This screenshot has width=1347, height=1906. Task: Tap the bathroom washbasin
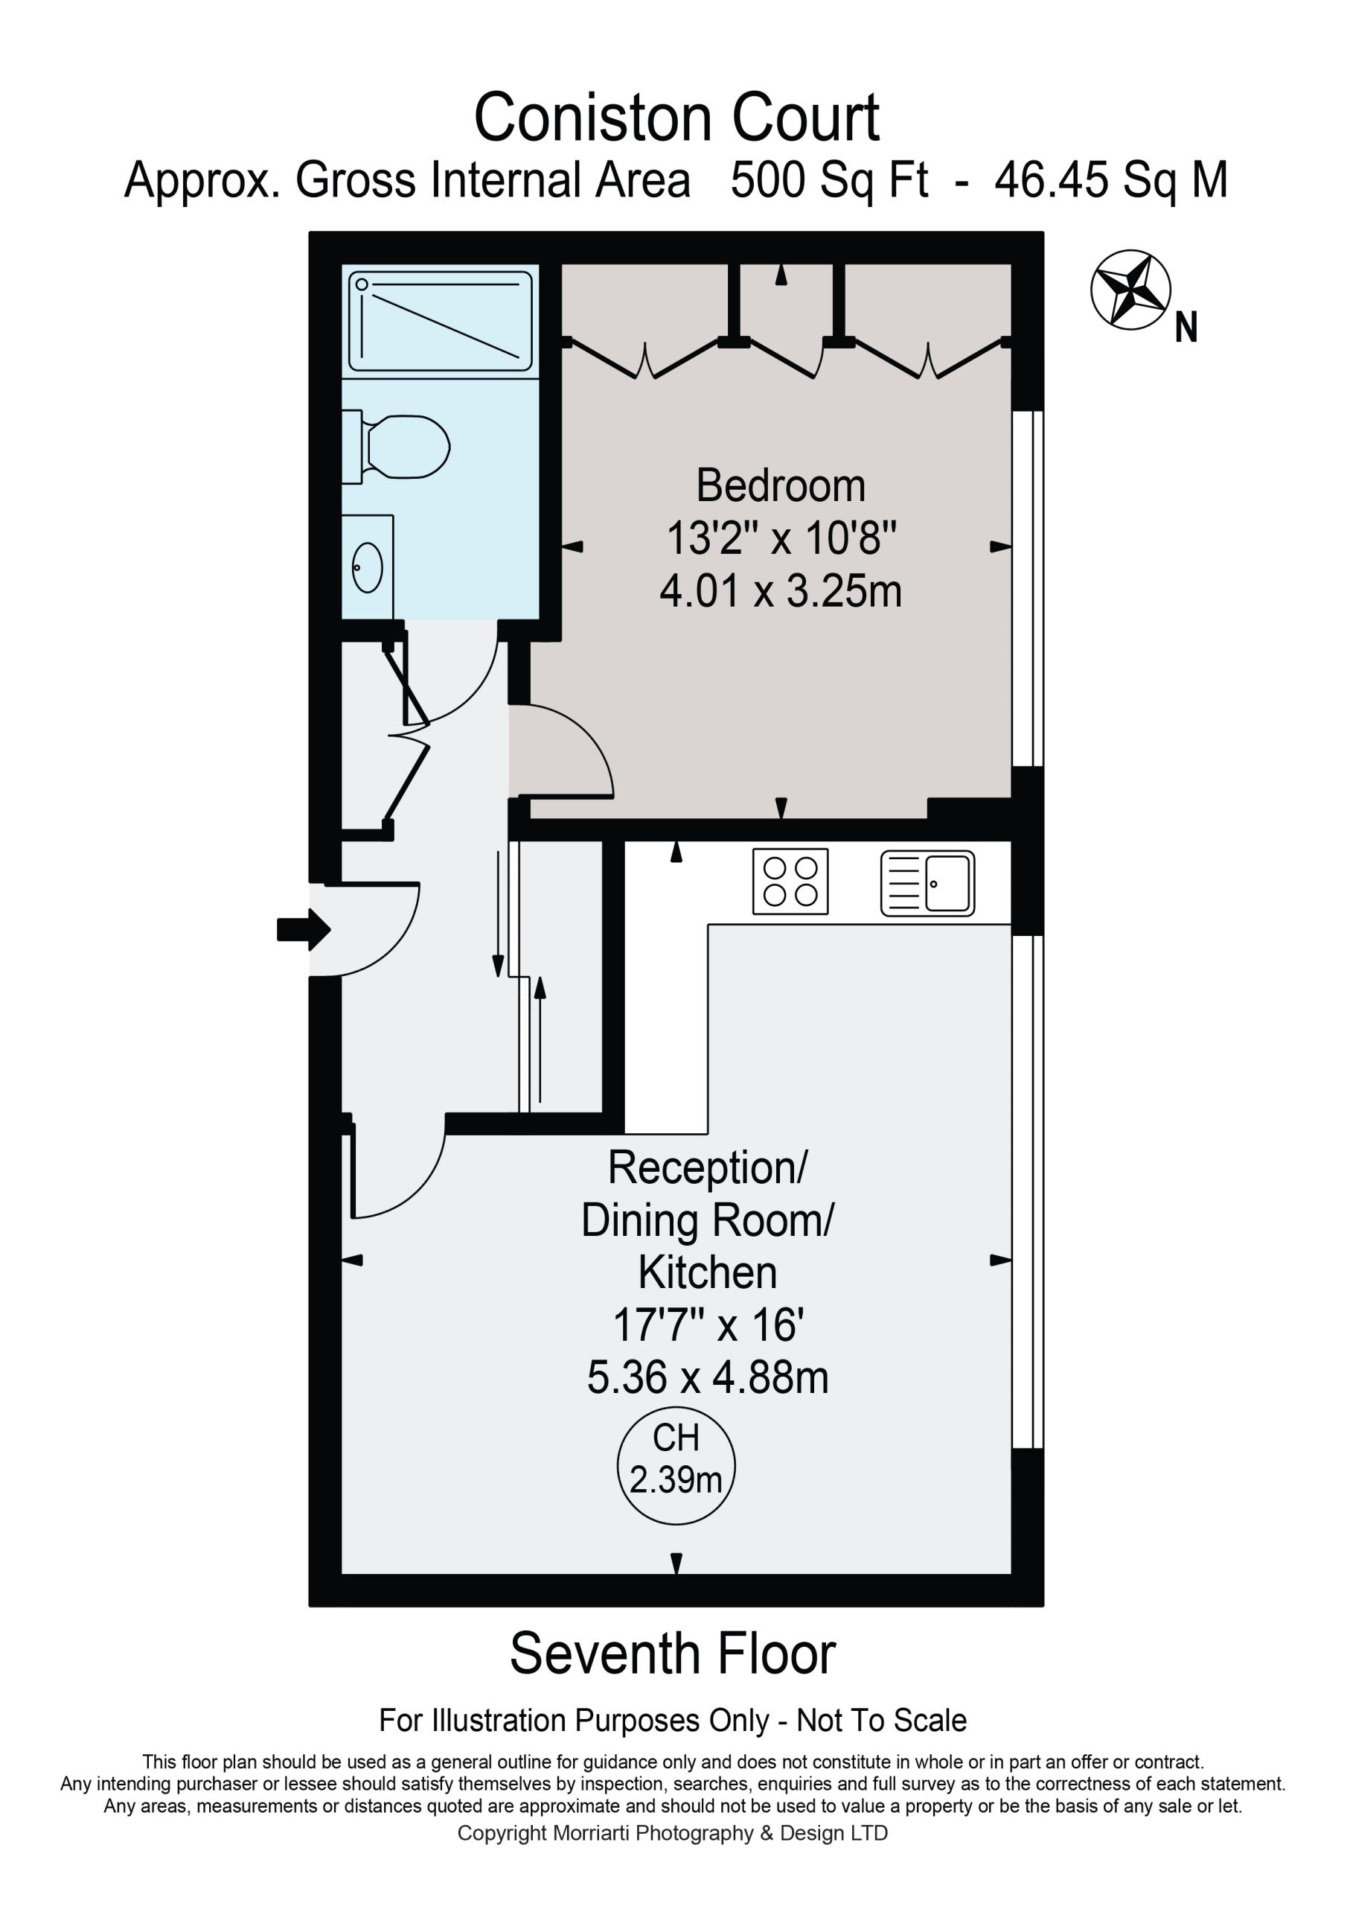click(368, 568)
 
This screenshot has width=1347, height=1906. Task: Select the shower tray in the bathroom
click(440, 321)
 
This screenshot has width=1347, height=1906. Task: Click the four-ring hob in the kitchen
click(790, 882)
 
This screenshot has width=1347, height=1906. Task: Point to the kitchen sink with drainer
click(927, 883)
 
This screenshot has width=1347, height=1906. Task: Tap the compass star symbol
click(1130, 289)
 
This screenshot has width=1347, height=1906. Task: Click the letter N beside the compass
click(1186, 327)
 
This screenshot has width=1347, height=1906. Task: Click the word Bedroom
click(780, 485)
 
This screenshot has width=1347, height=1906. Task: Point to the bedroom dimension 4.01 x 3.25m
click(780, 592)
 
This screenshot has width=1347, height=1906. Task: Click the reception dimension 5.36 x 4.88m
click(708, 1377)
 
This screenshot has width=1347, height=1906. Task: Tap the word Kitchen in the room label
click(708, 1272)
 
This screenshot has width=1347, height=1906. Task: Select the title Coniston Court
click(676, 118)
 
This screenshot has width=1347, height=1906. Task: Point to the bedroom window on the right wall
click(1028, 587)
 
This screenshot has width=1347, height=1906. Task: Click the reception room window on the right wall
click(1028, 1192)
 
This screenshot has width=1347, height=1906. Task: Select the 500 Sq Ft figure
click(829, 180)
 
